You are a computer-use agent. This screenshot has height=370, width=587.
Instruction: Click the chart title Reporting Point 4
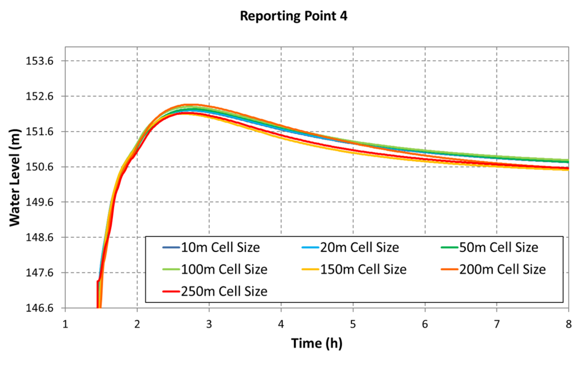click(x=293, y=16)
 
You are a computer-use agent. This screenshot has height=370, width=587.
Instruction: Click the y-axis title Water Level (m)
click(x=15, y=184)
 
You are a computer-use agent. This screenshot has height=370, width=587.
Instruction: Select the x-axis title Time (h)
click(x=317, y=343)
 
